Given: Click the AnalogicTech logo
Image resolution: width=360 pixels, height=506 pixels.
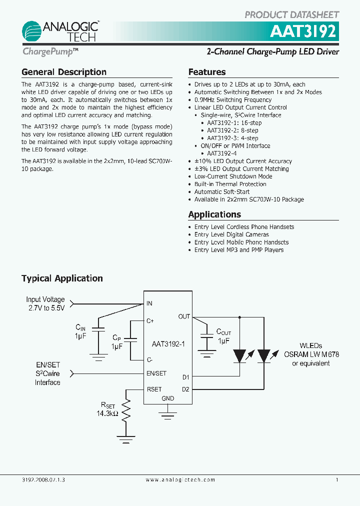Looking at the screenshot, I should tap(60, 31).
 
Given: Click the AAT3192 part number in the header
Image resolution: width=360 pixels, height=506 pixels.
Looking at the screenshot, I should tap(304, 32).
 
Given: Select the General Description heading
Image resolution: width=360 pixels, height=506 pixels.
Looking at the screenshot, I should tap(64, 72).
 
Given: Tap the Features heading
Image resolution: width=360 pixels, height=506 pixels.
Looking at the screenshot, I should tap(207, 72).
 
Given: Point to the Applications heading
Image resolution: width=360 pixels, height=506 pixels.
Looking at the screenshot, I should tap(214, 214).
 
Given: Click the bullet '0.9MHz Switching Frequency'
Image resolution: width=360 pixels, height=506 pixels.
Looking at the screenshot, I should tap(233, 100).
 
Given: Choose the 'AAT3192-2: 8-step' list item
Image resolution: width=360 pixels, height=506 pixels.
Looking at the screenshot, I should tap(232, 130).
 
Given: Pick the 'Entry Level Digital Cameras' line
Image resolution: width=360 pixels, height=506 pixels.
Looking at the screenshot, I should tap(231, 234).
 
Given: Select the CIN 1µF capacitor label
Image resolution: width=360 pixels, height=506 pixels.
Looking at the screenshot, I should tap(81, 331).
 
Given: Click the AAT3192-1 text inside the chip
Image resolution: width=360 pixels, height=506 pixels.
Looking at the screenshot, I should tap(168, 344).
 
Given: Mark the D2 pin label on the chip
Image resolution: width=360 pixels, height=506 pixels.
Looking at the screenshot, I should tap(185, 389).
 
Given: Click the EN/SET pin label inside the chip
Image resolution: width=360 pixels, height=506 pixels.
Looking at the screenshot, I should tap(156, 373).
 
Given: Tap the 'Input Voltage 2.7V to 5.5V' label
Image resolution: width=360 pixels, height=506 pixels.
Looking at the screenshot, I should tap(45, 304).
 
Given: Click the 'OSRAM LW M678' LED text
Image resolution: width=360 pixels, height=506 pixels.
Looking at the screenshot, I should tap(311, 354).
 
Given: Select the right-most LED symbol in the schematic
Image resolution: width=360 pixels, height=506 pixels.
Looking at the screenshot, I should tap(263, 355).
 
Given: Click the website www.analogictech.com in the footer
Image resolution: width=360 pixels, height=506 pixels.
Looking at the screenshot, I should tap(180, 479).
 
